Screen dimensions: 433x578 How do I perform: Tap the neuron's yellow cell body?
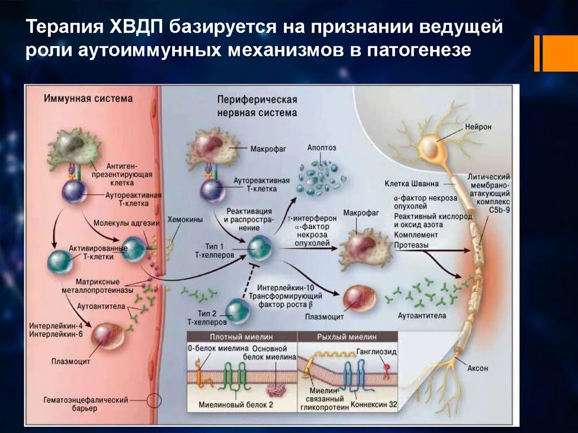pyautogui.click(x=431, y=148)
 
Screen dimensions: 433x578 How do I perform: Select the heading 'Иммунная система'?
pyautogui.click(x=88, y=99)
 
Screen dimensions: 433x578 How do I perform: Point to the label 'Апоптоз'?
pyautogui.click(x=322, y=147)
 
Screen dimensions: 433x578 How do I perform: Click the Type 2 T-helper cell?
pyautogui.click(x=237, y=311)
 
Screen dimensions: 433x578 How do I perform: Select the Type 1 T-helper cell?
pyautogui.click(x=260, y=247)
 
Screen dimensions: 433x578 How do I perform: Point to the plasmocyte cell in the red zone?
pyautogui.click(x=107, y=336)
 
